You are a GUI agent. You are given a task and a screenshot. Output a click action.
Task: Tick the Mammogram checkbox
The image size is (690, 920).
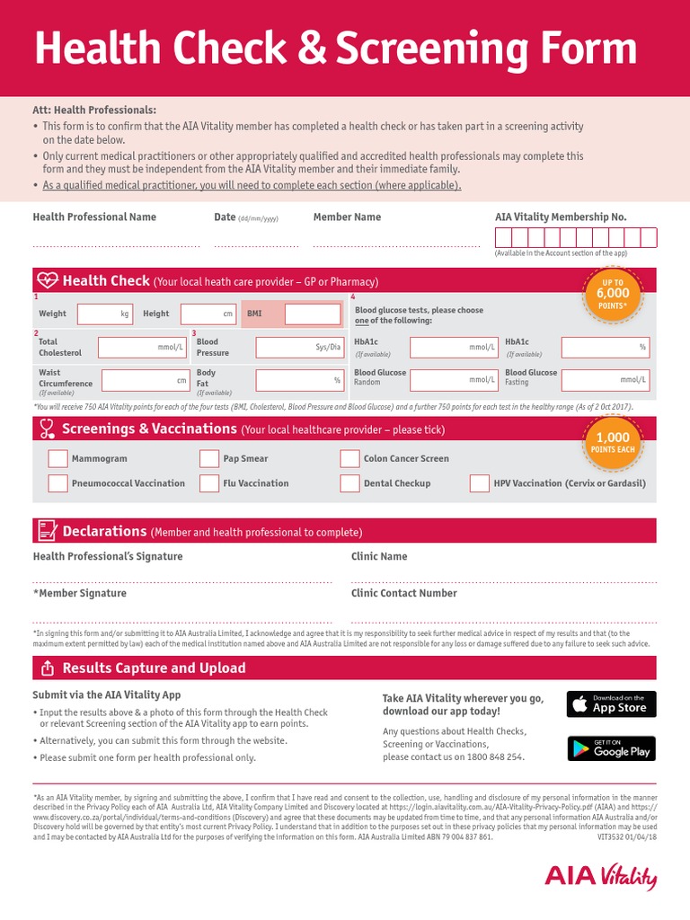click(57, 459)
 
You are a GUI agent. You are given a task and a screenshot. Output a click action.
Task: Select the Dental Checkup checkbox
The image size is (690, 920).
click(349, 483)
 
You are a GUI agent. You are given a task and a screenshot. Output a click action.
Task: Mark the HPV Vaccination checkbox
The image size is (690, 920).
click(479, 483)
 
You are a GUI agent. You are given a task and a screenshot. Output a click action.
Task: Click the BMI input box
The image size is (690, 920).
click(313, 314)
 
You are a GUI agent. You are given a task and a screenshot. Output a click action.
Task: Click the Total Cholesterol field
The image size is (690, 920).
click(142, 347)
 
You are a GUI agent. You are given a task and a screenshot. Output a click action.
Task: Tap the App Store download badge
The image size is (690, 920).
click(611, 703)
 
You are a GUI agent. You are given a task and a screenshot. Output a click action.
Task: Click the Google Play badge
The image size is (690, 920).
click(611, 748)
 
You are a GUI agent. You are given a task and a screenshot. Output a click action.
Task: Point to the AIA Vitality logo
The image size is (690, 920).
click(601, 877)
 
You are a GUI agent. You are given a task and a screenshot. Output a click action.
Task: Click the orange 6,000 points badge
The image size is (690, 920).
click(613, 294)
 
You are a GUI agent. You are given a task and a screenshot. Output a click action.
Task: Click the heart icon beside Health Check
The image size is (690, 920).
click(47, 280)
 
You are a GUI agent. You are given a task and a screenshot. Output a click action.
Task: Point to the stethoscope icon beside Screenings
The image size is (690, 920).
click(47, 429)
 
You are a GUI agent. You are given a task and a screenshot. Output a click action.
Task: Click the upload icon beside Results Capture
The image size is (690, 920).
click(46, 668)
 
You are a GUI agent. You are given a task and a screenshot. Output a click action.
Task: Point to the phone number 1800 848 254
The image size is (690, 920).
click(492, 756)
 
